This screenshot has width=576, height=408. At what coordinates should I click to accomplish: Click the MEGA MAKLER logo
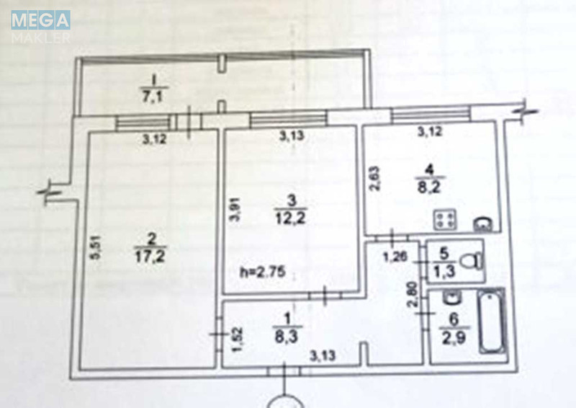pos(41,27)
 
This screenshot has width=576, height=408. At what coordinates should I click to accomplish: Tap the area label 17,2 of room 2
pos(150,256)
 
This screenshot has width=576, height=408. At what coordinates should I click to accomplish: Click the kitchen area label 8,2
pos(429,187)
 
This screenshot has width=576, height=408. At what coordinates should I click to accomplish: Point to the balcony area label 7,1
pos(153,97)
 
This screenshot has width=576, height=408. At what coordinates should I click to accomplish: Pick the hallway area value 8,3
pos(286,336)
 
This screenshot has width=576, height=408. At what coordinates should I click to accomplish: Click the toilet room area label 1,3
pos(444,272)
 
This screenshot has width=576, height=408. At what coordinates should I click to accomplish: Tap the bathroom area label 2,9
pos(454,337)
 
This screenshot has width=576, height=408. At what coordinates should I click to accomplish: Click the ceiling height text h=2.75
pos(262,272)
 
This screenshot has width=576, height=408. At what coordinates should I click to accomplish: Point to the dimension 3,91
pos(235,209)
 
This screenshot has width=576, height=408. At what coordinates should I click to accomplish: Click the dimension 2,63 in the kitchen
pos(374,179)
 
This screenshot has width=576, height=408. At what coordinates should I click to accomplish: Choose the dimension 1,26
pos(395,257)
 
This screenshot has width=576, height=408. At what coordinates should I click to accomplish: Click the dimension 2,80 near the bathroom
pos(413,294)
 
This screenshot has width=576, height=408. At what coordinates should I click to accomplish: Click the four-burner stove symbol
pos(445,220)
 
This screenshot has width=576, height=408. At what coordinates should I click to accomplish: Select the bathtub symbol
pos(492,321)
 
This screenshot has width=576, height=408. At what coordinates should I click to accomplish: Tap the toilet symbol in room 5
pos(472,262)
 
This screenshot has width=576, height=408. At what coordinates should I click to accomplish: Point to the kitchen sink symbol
pos(482,224)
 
